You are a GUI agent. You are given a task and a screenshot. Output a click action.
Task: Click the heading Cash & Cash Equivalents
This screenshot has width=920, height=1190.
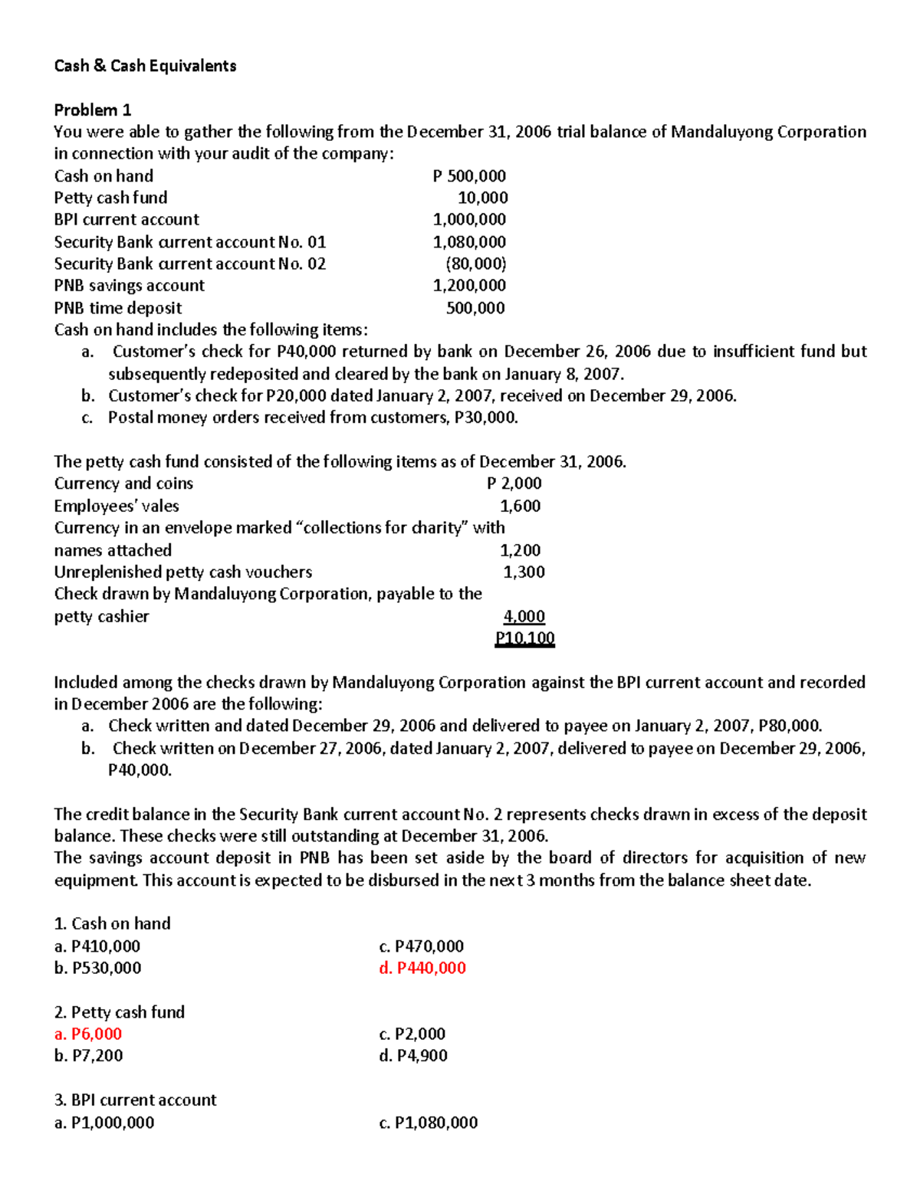(145, 66)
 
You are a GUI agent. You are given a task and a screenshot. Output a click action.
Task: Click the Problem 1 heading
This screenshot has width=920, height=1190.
(92, 110)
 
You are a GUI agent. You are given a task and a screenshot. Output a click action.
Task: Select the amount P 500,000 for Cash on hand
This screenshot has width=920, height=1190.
(469, 176)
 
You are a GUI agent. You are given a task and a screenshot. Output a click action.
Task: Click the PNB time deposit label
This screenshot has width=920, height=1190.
(118, 308)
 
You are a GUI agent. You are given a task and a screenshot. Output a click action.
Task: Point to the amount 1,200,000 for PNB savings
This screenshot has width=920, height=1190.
(469, 286)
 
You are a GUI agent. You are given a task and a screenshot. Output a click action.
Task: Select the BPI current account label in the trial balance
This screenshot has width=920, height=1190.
(127, 220)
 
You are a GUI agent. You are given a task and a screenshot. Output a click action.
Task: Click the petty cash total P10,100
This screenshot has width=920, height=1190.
(525, 638)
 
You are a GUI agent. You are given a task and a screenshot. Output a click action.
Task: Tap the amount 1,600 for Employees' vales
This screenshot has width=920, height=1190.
(520, 506)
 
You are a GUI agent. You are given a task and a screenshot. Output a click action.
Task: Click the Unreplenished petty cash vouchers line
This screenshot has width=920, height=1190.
(183, 572)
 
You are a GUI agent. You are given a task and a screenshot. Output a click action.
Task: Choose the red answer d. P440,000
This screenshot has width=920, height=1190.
(422, 968)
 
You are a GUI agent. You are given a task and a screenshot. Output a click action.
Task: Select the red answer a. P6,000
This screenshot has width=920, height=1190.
(88, 1034)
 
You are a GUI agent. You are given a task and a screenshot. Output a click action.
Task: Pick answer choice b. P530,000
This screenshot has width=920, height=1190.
(97, 968)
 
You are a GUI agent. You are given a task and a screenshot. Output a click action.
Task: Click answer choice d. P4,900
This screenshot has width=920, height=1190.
(413, 1056)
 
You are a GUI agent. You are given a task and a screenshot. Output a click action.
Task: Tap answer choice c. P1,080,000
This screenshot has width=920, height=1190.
(428, 1123)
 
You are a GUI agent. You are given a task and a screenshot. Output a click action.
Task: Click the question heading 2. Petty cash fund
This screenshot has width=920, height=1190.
(120, 1012)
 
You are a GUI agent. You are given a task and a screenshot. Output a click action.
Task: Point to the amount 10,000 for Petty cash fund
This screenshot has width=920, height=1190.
(482, 198)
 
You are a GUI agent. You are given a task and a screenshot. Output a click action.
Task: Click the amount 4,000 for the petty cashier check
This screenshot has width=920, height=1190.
(524, 617)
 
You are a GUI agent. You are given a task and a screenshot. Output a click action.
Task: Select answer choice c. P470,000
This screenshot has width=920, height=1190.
(421, 946)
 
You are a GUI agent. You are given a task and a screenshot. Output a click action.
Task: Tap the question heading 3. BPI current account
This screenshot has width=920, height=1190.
(136, 1100)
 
